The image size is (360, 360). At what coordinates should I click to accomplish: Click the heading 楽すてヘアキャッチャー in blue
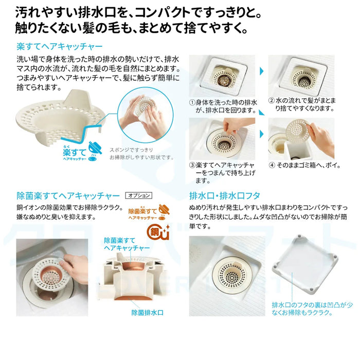60,47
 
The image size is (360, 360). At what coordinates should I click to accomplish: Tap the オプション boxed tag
139,195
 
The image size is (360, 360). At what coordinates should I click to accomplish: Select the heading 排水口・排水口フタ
225,196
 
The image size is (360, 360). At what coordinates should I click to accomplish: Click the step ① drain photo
222,76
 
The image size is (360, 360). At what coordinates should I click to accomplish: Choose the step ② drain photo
301,76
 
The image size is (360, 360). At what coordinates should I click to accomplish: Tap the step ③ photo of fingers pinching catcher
222,139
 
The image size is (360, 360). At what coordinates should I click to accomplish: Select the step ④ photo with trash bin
301,139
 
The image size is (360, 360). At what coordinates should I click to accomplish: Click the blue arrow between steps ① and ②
262,71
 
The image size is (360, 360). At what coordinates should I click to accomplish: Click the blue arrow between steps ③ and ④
262,134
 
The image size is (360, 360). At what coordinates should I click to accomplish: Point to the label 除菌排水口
147,313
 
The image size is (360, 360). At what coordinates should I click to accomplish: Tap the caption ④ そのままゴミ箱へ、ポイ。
304,165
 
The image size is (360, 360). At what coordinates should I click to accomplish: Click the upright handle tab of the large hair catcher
77,98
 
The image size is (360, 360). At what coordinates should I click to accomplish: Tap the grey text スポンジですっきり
131,150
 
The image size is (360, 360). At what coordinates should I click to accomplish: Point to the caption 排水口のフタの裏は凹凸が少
312,305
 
